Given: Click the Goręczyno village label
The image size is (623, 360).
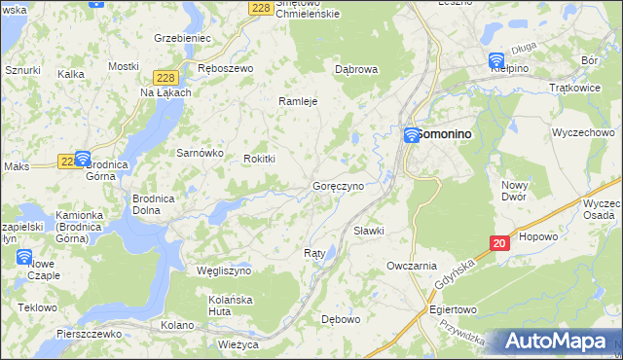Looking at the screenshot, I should coord(338,185).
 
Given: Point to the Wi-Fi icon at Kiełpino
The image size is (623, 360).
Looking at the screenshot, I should coord(496,60).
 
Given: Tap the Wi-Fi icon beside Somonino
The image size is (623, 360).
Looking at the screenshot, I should coord(412,135).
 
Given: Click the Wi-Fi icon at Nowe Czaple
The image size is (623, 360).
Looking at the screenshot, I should coord(24,257).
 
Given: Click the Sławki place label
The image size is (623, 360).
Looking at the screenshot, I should coord(369,231).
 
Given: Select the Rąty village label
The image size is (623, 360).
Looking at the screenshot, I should coord(313,253).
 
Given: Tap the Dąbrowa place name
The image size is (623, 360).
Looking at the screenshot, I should coord(355,70).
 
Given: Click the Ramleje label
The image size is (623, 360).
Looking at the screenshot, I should coord(299,100).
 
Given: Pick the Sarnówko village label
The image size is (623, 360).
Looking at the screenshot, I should coord(200,153).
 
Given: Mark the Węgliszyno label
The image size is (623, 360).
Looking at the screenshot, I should coord(224,270).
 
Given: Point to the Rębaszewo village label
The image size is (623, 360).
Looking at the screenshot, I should coord(225,69).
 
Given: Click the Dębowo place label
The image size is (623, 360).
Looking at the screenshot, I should coord(341,318).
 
